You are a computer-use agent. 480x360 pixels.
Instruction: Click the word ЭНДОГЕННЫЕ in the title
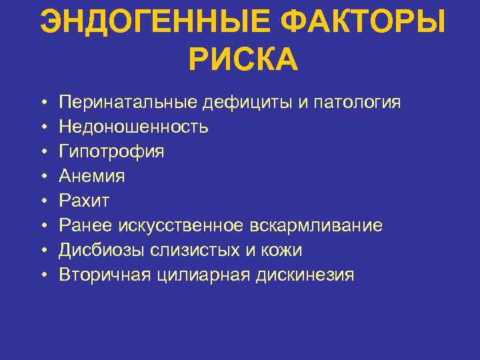click(155, 25)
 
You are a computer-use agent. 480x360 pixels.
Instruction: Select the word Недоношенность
click(134, 127)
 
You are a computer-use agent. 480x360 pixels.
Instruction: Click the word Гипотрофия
click(111, 151)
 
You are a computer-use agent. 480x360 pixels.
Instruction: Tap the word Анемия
click(92, 176)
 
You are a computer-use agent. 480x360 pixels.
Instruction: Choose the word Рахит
click(84, 201)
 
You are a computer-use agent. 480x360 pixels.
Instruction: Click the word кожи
click(283, 250)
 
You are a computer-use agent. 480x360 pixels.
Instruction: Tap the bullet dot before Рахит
click(43, 201)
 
